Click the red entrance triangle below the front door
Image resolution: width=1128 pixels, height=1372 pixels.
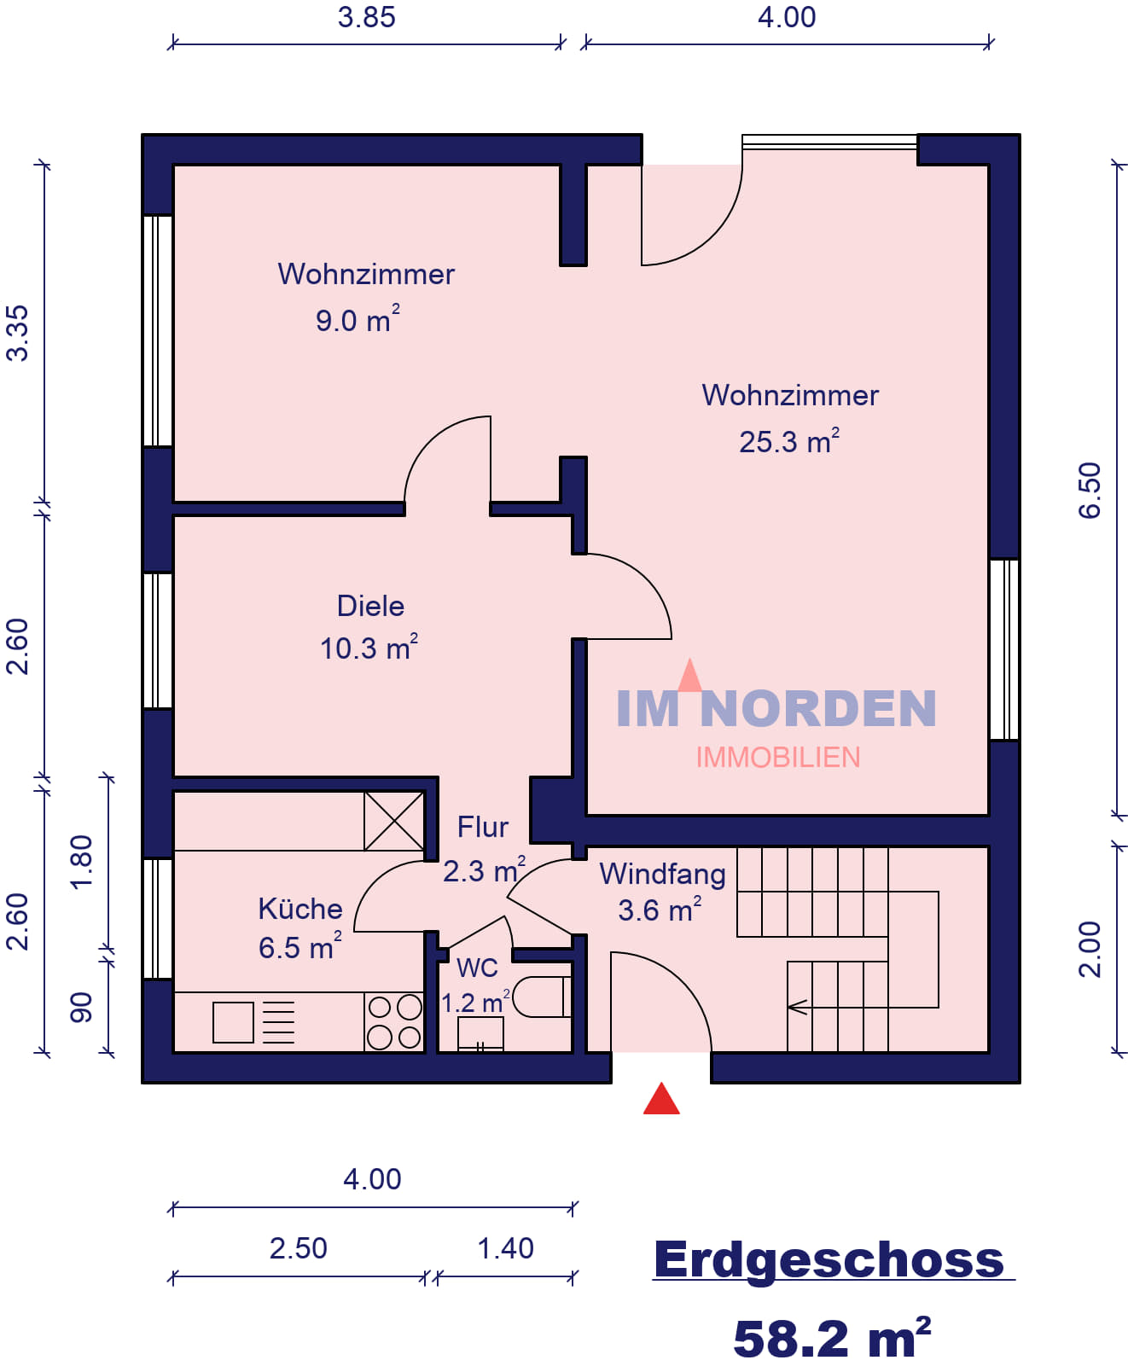(661, 1099)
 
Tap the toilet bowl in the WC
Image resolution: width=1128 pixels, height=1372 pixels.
(541, 996)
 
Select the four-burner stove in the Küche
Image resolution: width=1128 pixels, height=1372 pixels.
(394, 1021)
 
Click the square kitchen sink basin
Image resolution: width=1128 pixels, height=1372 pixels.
(233, 1023)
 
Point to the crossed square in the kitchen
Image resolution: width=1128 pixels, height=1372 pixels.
(393, 821)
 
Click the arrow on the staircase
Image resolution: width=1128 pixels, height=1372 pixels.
(798, 1008)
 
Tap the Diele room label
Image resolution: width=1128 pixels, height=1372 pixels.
(370, 607)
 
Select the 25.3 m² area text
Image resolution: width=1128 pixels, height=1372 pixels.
(789, 441)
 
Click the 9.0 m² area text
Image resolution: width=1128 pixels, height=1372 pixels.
(358, 319)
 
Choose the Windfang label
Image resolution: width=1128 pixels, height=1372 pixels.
(662, 874)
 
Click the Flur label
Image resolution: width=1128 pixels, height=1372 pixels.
(482, 828)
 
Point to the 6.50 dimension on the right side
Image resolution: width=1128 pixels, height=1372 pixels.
(1089, 491)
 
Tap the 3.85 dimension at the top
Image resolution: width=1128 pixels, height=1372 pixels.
(366, 17)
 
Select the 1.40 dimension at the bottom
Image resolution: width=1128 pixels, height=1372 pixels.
(505, 1248)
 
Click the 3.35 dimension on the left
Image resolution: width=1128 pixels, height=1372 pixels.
(18, 333)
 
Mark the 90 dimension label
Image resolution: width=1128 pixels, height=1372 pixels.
(81, 1008)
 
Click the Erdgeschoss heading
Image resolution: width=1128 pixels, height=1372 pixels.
(829, 1259)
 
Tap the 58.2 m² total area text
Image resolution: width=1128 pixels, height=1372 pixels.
(832, 1337)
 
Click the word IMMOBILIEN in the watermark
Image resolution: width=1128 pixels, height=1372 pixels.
(778, 758)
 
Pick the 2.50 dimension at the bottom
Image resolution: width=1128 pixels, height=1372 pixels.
(298, 1248)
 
